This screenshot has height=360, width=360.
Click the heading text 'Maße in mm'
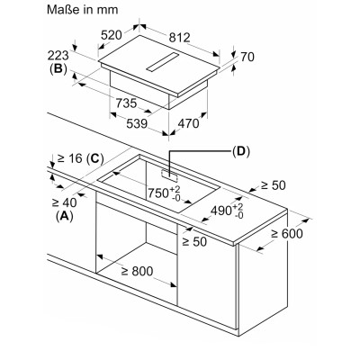pos(83,10)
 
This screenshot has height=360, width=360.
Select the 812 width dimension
pos(179,38)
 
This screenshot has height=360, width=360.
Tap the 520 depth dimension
pos(112,35)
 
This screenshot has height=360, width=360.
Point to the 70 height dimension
pos(247,57)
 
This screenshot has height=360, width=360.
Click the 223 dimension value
pos(58,56)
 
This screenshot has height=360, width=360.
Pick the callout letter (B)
pos(58,69)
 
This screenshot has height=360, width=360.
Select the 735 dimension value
pos(126,103)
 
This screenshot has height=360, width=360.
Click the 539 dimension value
pos(137,123)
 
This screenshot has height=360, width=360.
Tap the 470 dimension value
pos(188,123)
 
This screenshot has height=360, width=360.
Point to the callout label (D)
pos(241,151)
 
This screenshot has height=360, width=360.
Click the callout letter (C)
pos(94,158)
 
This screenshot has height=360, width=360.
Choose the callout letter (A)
pos(65,216)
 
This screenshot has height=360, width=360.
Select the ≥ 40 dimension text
pos(64,202)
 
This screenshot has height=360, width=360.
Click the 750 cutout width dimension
pos(164,193)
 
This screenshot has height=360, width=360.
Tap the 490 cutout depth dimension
pos(227,211)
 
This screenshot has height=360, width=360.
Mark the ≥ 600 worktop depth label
pos(287,233)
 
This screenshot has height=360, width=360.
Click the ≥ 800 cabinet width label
pos(137,271)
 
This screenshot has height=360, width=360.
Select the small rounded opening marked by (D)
pos(169,175)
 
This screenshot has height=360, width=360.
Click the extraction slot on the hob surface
pos(163,62)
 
